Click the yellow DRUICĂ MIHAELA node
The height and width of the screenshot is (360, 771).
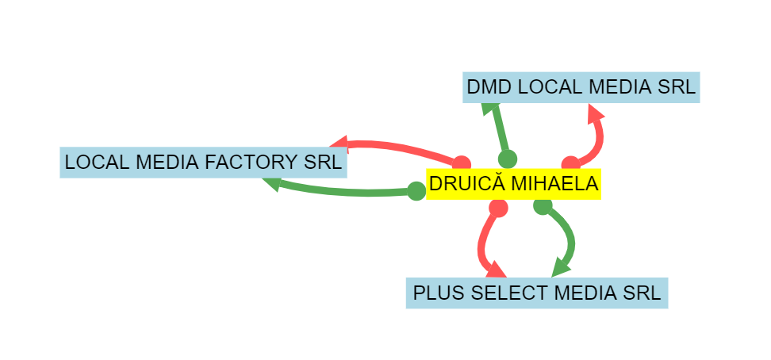pos(513,184)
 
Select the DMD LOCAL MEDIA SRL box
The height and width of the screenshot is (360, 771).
pos(581,87)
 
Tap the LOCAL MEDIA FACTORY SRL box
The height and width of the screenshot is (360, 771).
pos(204,163)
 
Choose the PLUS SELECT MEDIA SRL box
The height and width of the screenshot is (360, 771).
pos(537,293)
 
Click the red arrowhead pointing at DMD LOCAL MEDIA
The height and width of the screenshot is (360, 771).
pos(596,113)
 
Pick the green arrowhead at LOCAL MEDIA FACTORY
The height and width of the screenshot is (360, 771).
pos(271,184)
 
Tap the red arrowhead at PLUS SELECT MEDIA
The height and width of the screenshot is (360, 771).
pos(496,270)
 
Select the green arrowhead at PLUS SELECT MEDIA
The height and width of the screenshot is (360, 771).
pos(561,269)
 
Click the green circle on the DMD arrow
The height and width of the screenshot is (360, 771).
pos(508,159)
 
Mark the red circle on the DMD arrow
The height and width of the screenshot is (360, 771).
pos(571,163)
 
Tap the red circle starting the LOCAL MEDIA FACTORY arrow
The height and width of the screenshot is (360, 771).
pos(461,163)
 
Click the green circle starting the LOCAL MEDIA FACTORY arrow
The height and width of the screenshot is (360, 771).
pos(416,191)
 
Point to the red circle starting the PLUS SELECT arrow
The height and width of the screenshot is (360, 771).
pos(498,207)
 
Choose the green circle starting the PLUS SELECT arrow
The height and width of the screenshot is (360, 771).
pos(543,206)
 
